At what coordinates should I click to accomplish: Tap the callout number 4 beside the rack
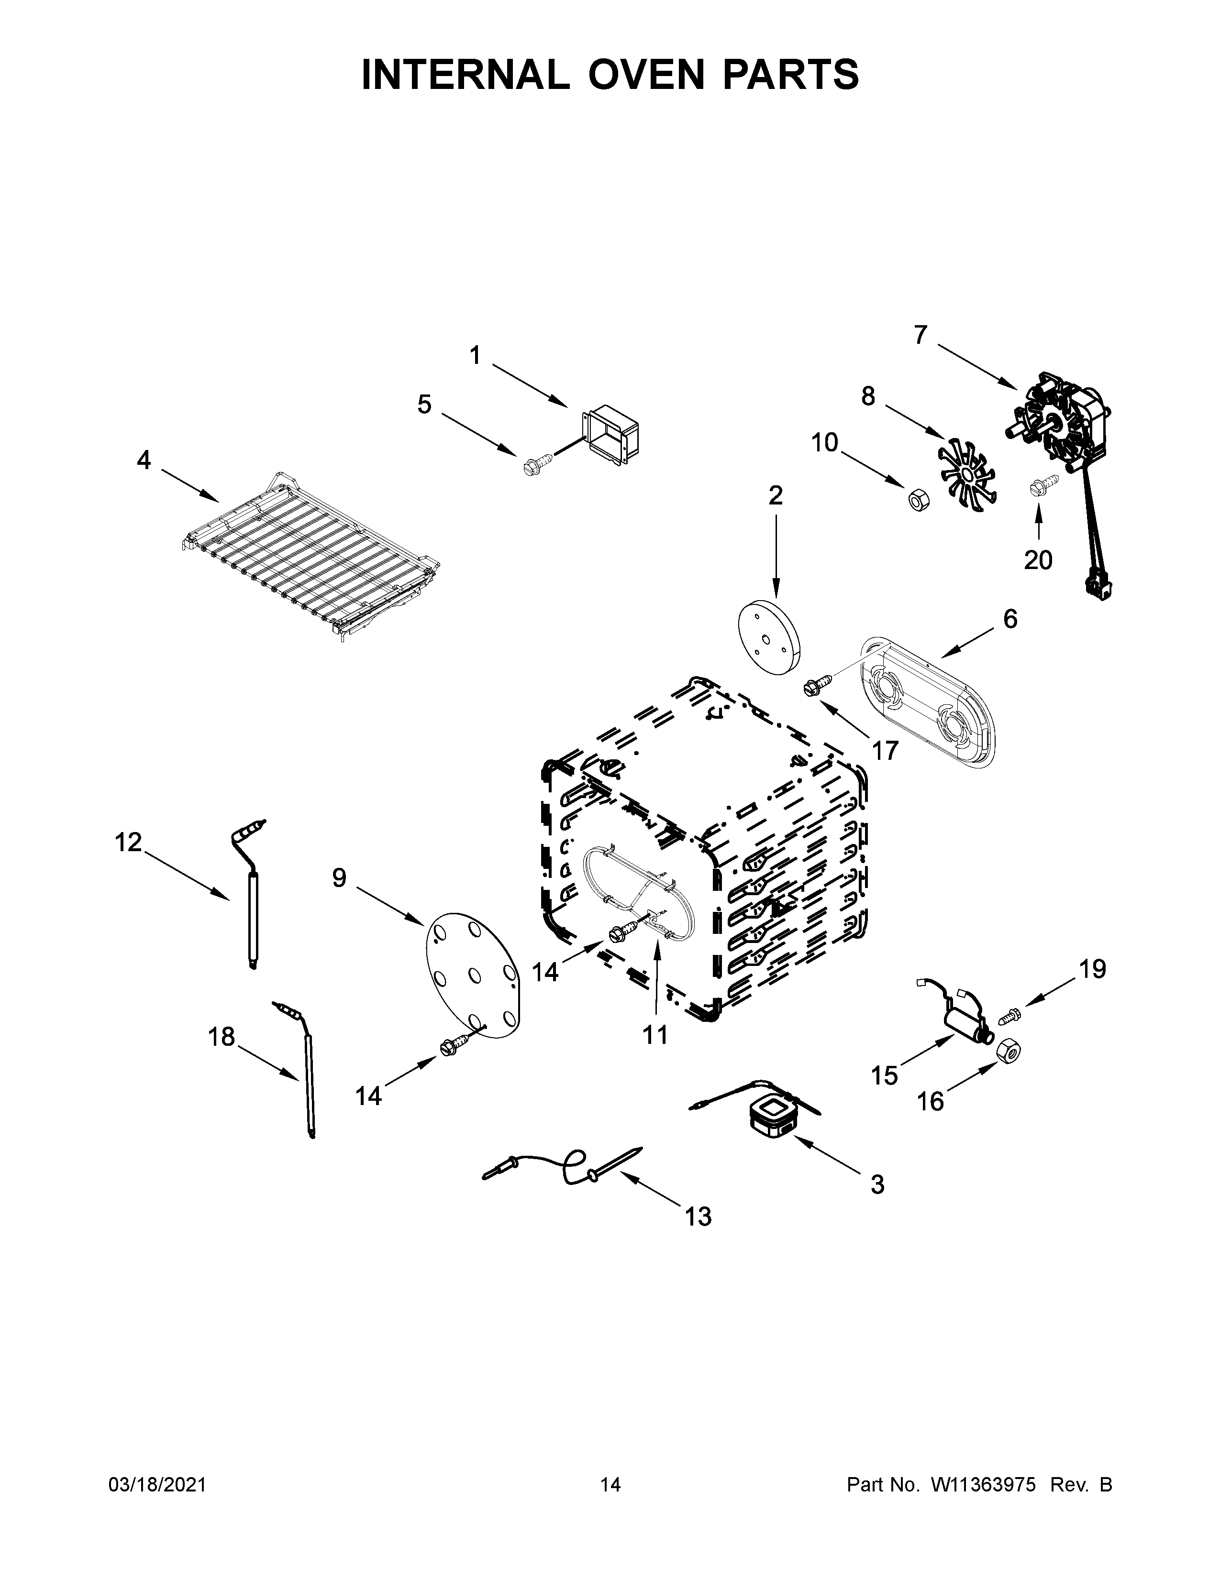144,460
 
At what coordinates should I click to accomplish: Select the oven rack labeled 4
311,555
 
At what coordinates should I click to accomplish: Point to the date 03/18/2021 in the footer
157,1484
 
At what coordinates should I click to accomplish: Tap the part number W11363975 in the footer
983,1484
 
